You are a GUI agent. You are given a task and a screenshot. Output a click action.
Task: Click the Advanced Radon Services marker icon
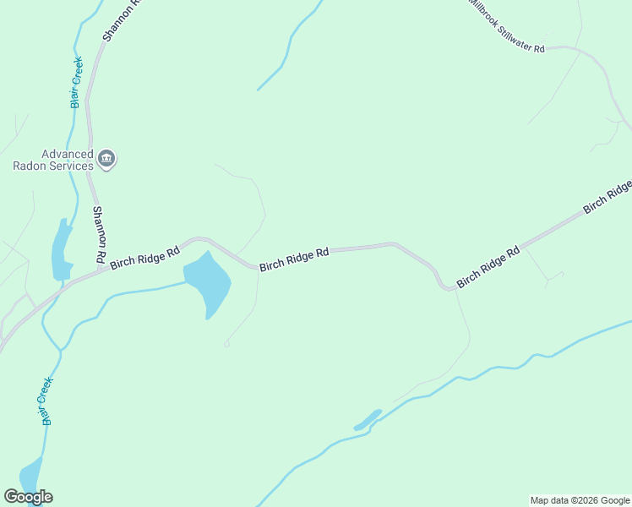point(107,158)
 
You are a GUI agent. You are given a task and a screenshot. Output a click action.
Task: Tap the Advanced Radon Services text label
point(52,160)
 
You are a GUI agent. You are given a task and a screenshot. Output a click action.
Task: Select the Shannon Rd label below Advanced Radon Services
point(99,233)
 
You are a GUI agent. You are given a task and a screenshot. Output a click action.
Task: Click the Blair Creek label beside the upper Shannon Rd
point(77,82)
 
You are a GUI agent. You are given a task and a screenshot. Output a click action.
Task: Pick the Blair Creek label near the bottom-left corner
point(46,400)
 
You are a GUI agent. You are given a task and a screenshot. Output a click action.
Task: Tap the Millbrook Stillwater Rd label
point(507,25)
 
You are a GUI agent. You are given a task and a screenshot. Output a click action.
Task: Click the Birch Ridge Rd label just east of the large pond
point(293,259)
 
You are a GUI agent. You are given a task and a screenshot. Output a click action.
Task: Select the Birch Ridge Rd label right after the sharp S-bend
point(488,266)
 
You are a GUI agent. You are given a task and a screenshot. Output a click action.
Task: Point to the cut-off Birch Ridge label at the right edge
point(607,196)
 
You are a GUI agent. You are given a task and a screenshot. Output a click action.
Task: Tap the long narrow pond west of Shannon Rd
point(61,249)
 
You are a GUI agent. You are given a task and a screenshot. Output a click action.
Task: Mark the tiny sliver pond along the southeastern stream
point(368,420)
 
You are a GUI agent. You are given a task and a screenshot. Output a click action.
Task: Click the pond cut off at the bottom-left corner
point(30,474)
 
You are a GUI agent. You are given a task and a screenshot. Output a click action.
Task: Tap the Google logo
point(28,497)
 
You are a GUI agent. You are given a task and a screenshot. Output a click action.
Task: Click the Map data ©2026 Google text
point(580,500)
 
